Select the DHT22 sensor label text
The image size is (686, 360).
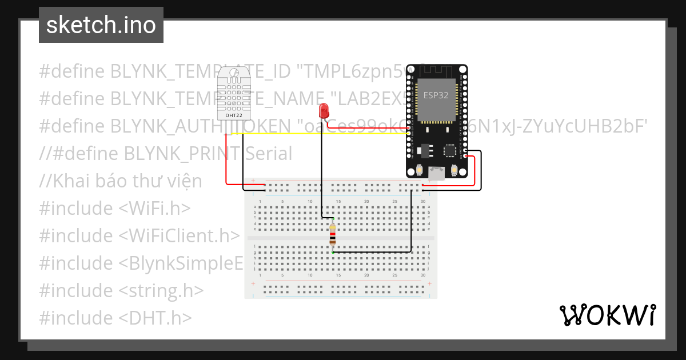click(x=234, y=115)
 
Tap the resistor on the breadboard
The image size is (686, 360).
click(x=333, y=234)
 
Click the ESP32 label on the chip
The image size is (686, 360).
click(x=436, y=95)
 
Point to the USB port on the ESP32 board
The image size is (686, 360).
click(x=437, y=173)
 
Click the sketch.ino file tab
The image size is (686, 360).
click(x=101, y=25)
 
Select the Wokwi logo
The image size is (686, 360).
click(x=607, y=315)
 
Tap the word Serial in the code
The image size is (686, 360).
click(x=268, y=154)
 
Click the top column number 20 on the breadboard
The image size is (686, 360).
click(x=366, y=202)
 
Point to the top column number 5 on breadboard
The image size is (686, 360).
click(x=282, y=202)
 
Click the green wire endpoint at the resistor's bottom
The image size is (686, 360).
click(x=333, y=252)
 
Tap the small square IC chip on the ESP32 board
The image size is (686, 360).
click(x=450, y=151)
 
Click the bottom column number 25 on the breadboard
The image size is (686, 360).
click(x=394, y=275)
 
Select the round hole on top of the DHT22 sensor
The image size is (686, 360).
click(x=234, y=73)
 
